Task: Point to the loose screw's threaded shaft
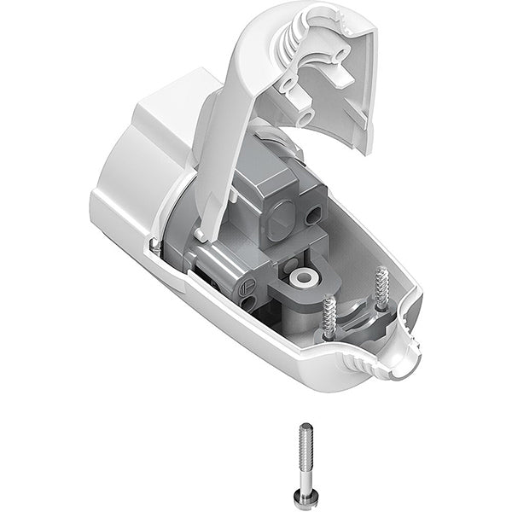(305, 444)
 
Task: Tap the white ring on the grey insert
(300, 278)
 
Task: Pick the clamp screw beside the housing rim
(381, 288)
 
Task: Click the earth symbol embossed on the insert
(247, 288)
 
